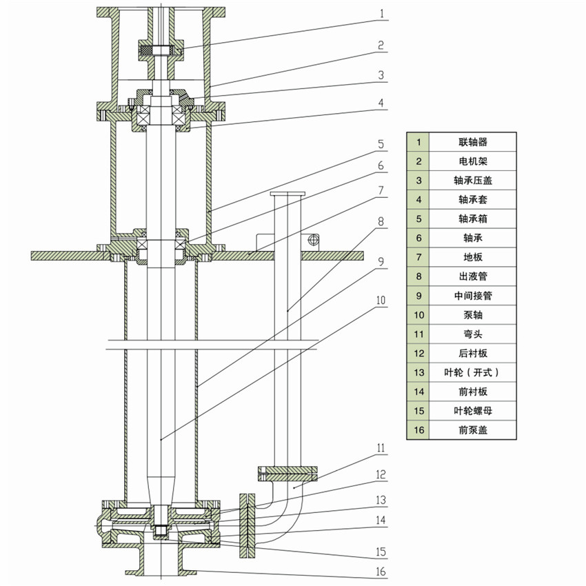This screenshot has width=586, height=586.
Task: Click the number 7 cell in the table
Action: tap(418, 257)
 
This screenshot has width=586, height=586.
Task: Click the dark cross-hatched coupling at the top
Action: tap(160, 50)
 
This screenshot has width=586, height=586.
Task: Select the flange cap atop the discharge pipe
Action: tap(287, 194)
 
